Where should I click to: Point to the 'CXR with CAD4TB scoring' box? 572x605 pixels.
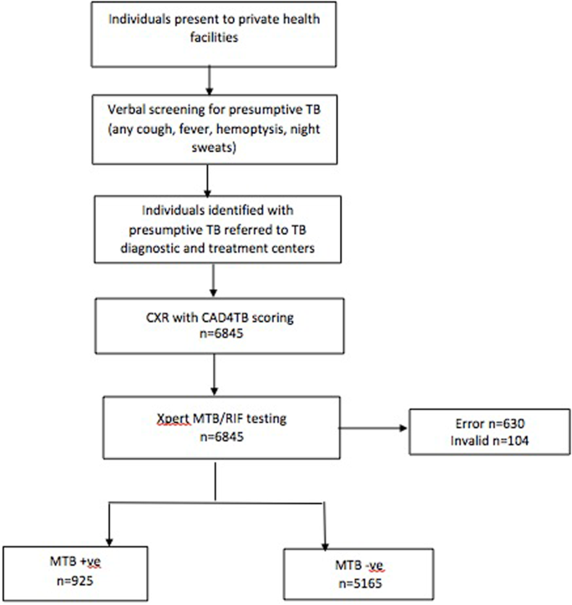(x=215, y=317)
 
